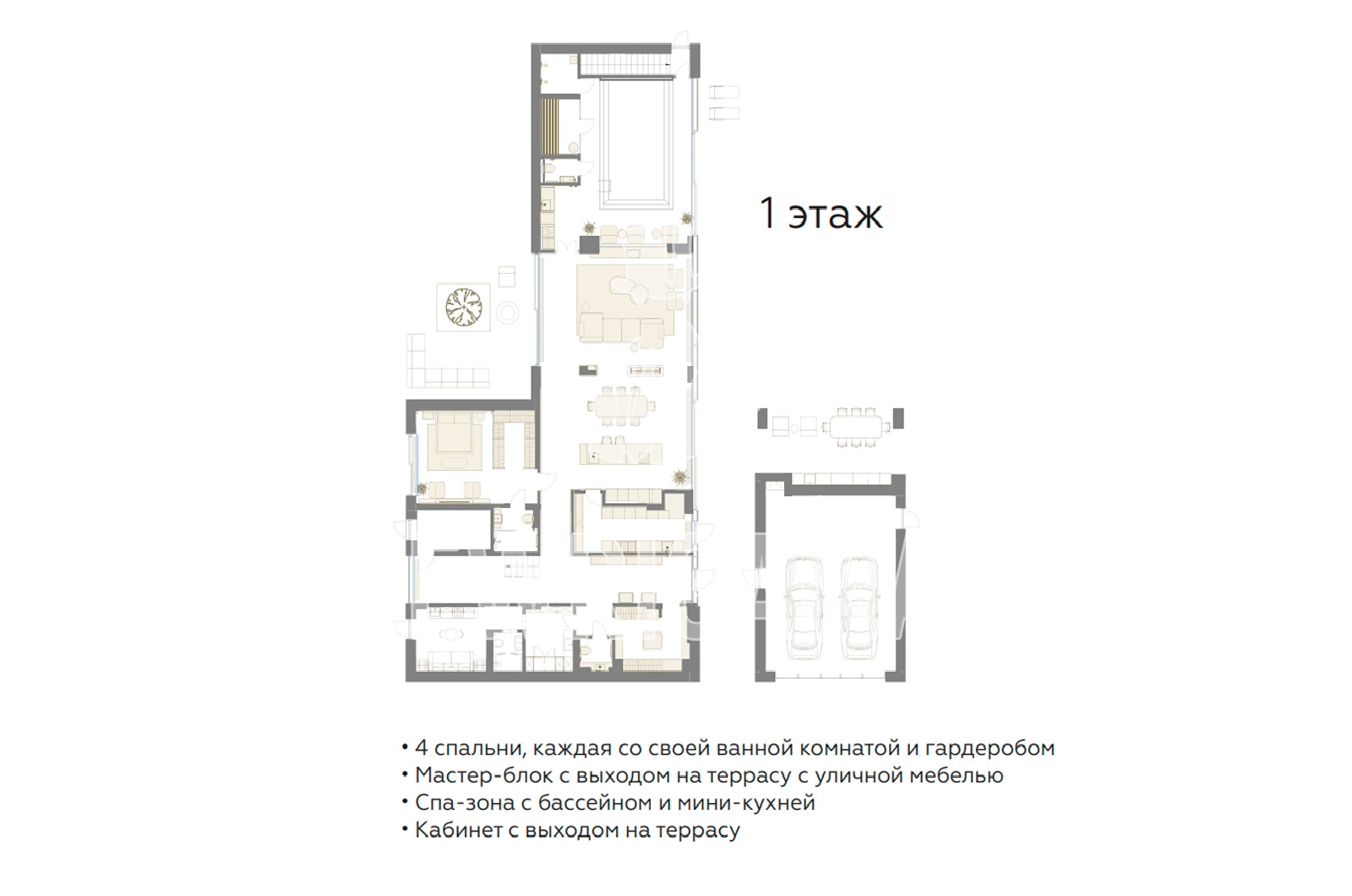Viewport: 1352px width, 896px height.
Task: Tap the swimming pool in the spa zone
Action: click(x=636, y=143)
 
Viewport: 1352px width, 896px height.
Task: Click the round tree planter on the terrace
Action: click(x=464, y=307)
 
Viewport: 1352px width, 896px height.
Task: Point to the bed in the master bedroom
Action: click(x=454, y=440)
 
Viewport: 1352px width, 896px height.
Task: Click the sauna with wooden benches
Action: click(x=550, y=127)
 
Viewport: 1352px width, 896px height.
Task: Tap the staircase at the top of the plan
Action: click(x=625, y=64)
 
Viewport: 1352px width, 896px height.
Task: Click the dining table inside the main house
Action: click(x=620, y=405)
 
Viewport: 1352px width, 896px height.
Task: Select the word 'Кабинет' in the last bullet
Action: click(x=459, y=830)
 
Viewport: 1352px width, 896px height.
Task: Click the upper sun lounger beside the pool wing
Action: click(x=723, y=92)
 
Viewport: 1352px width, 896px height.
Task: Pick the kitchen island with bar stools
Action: click(x=620, y=453)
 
